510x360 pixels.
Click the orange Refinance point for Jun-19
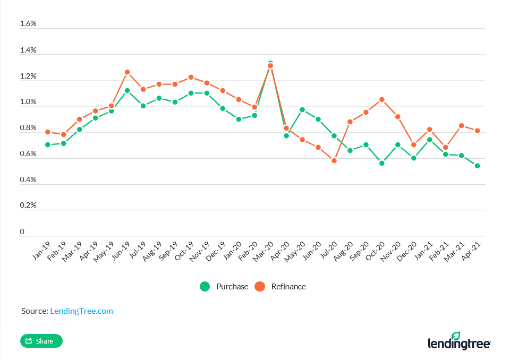click(127, 72)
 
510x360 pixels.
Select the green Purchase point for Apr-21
click(477, 166)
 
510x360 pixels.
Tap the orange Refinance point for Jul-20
click(334, 160)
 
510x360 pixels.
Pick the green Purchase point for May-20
click(302, 110)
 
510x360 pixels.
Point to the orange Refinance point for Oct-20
click(381, 99)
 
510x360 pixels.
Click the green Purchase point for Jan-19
click(48, 144)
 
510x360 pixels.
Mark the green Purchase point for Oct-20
click(381, 163)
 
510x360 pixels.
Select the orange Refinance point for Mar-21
click(461, 126)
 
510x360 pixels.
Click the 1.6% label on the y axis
click(28, 24)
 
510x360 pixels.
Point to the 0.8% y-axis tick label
click(28, 128)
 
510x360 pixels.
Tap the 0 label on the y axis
click(22, 232)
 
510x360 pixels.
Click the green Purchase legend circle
click(205, 287)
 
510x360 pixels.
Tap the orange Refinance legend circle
click(260, 287)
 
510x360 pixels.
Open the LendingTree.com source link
click(81, 311)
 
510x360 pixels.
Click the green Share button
click(41, 341)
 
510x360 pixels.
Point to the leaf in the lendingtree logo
click(440, 336)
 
